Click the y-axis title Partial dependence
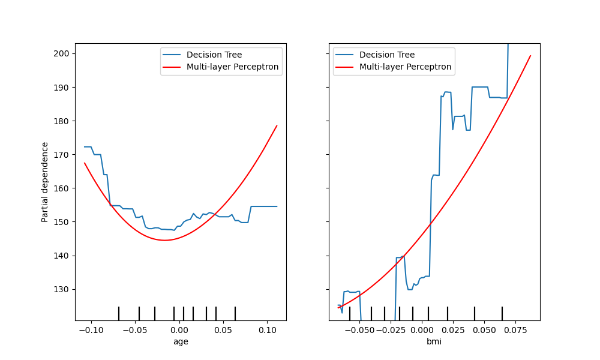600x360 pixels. (45, 182)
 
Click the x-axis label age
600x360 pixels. (180, 341)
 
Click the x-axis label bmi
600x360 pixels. (434, 341)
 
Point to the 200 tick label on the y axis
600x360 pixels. (62, 53)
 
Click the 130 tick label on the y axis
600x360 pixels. (62, 289)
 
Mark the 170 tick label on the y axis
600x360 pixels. (62, 155)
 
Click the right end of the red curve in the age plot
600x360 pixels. (277, 125)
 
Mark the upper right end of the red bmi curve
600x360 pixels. (530, 56)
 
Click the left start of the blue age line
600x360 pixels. (85, 146)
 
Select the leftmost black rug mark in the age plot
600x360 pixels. (119, 313)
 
